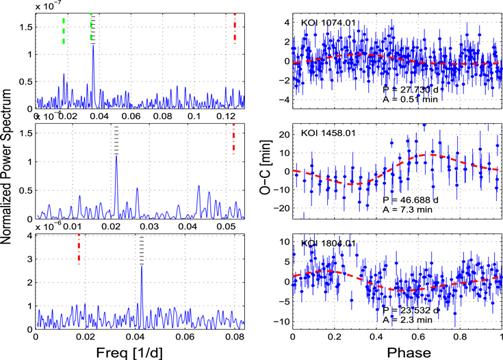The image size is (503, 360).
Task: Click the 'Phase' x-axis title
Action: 397,352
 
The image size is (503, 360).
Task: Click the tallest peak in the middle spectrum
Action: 116,156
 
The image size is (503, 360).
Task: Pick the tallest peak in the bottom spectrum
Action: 142,266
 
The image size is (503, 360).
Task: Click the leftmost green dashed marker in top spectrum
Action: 64,31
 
